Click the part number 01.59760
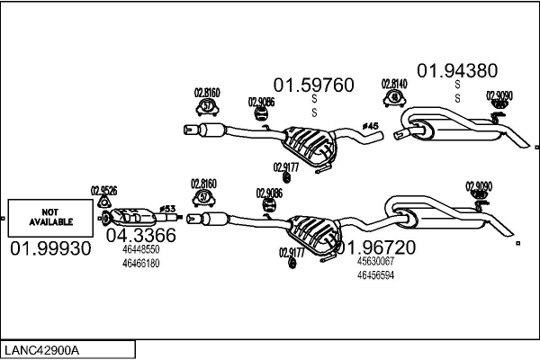pos(314,85)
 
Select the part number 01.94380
pos(455,70)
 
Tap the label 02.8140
pos(393,83)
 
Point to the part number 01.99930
pos(50,248)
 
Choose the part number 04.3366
pos(140,236)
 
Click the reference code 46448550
pos(140,249)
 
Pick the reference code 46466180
pos(140,263)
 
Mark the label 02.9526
pos(103,190)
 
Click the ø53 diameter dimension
pos(166,209)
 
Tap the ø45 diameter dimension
pos(370,125)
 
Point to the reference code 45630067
pos(375,261)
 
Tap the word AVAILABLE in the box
pos(50,220)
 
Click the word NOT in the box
pos(50,210)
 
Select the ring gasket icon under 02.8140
pos(393,97)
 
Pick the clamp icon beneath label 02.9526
pos(103,202)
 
